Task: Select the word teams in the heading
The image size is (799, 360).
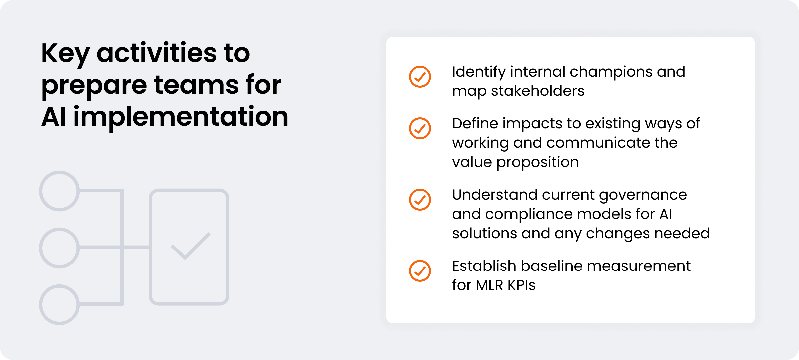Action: [196, 85]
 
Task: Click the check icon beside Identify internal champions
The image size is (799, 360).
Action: [420, 77]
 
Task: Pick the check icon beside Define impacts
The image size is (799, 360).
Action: [420, 128]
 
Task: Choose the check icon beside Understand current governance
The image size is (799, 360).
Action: [420, 200]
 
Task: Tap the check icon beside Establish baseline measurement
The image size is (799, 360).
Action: [420, 271]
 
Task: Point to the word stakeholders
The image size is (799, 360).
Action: [538, 91]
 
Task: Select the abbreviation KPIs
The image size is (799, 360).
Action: [521, 285]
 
